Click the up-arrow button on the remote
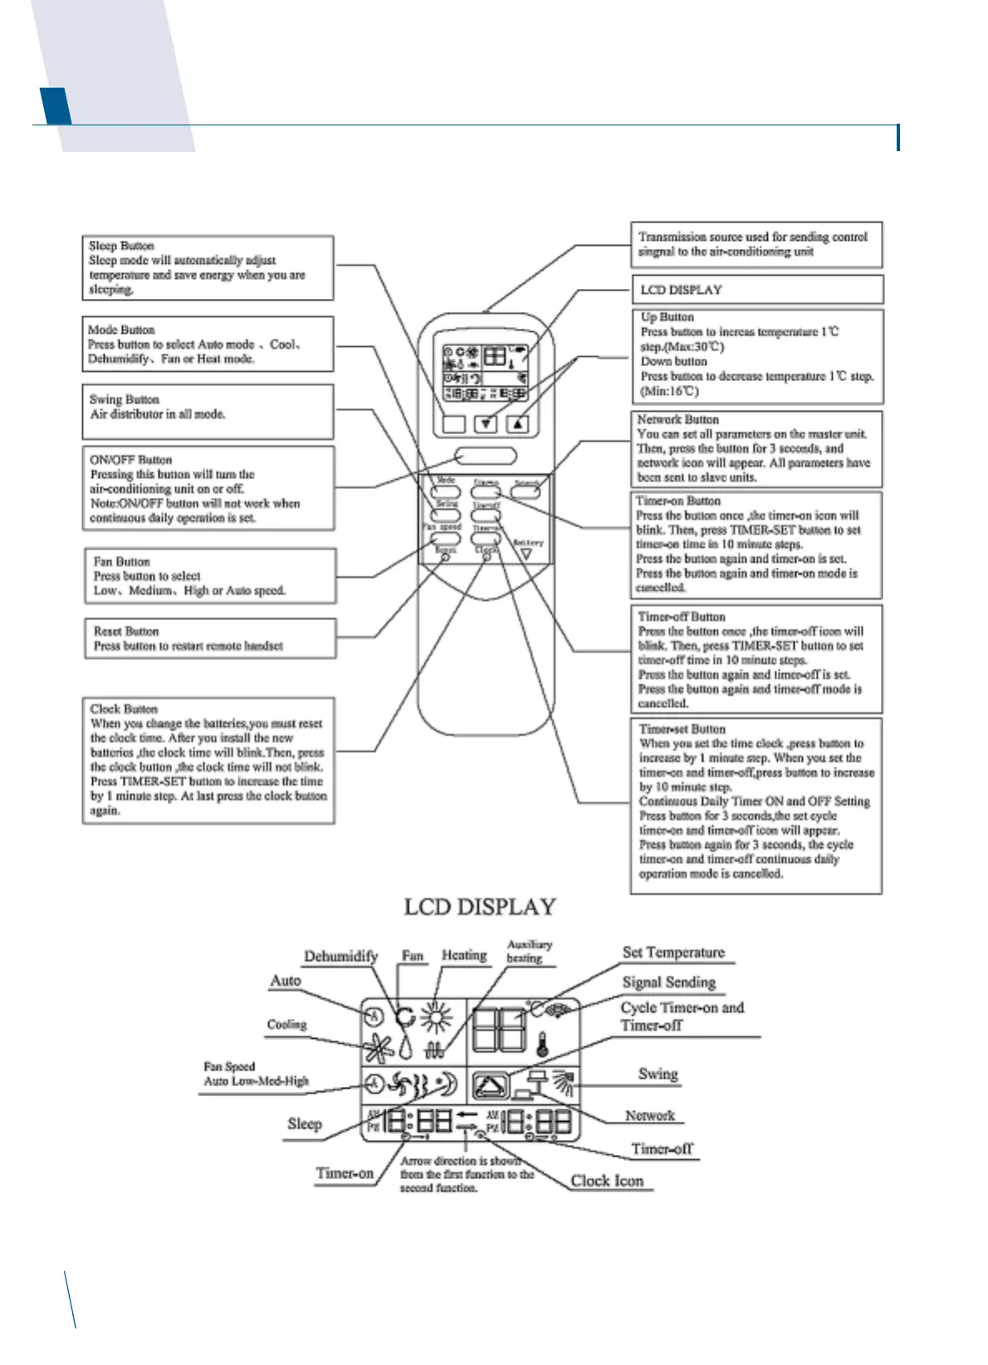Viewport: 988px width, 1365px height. pos(518,423)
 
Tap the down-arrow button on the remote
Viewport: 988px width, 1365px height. pos(487,423)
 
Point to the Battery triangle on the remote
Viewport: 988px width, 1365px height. pos(526,554)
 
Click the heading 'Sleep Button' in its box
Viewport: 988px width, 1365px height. pos(121,246)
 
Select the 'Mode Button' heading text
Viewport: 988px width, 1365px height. pos(121,330)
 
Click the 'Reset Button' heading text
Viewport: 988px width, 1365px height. pos(126,631)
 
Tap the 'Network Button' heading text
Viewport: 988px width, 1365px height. pos(677,419)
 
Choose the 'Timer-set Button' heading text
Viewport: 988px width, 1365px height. pos(682,729)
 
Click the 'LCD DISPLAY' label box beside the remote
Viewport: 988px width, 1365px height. pos(681,290)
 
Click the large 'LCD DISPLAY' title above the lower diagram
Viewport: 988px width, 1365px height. pos(479,907)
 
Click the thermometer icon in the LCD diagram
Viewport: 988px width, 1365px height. pos(542,1045)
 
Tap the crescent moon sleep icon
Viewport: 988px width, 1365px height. pos(448,1084)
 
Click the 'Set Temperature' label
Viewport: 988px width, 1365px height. pos(673,952)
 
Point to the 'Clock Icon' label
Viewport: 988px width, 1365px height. pos(607,1181)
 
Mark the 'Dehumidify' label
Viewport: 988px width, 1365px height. pos(340,956)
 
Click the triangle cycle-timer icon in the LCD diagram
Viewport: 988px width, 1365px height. pos(490,1086)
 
